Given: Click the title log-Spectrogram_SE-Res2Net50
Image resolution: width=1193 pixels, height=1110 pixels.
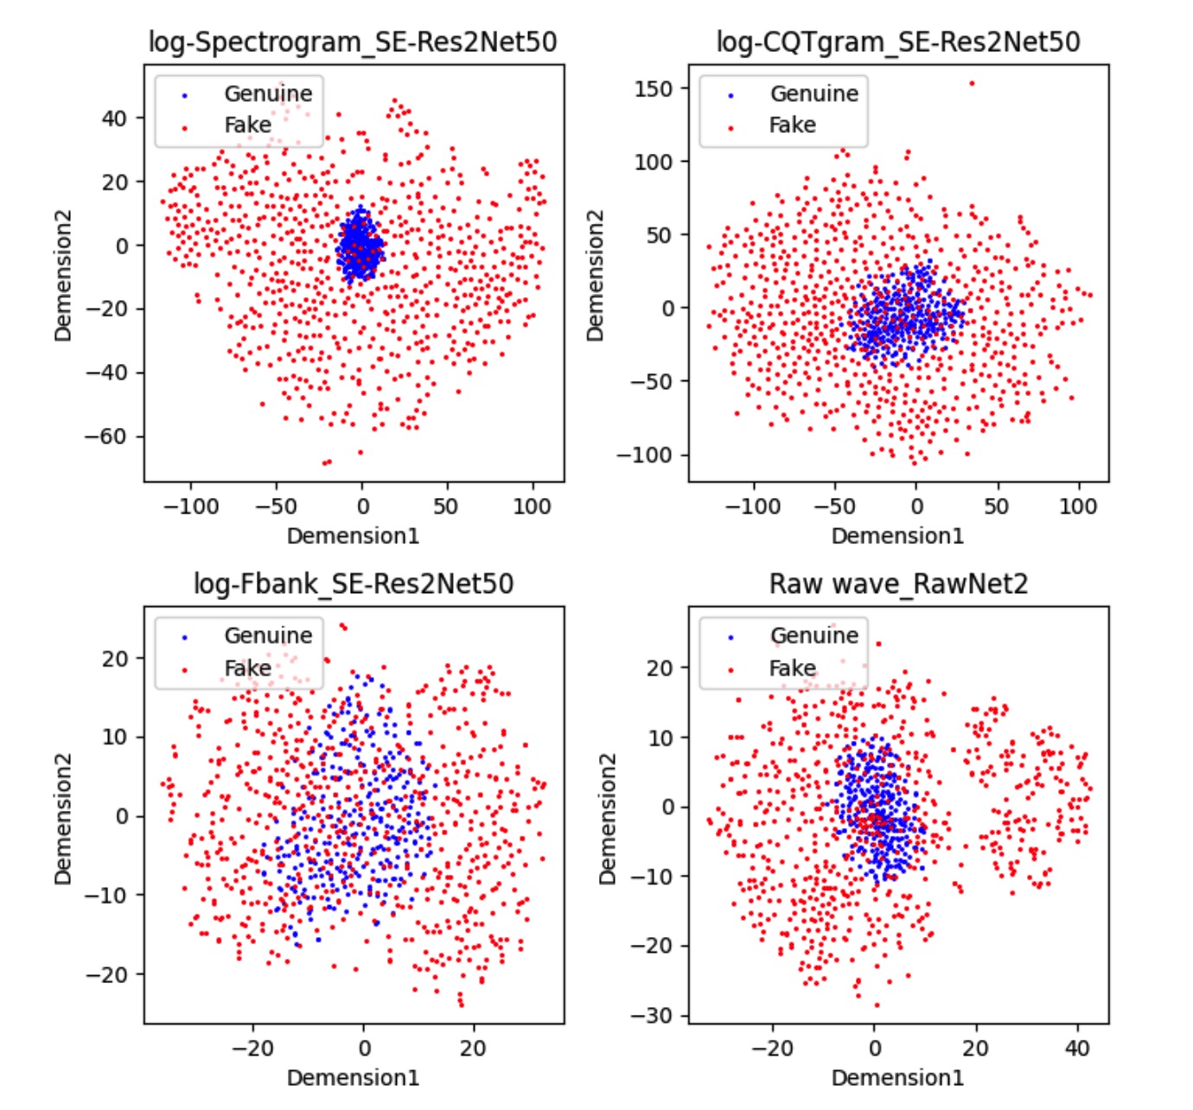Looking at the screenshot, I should coord(353,41).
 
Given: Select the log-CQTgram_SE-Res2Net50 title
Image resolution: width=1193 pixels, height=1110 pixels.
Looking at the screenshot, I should coord(898,41).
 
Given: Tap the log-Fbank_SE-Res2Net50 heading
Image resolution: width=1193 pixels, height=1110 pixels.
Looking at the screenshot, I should coord(353,584).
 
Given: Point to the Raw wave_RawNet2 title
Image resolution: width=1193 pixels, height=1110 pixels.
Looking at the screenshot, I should coord(898,584).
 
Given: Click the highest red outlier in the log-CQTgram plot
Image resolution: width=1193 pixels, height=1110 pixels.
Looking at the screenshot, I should coord(972,84).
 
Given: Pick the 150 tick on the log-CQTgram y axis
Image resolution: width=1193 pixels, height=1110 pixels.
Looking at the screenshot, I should coord(653,88).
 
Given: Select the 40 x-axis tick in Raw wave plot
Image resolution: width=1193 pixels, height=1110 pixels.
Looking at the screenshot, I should coord(1077,1049).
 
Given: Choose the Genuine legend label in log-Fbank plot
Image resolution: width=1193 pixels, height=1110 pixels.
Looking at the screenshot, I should coord(268,635).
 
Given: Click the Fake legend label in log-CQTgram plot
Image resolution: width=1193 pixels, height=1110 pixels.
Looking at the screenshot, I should coord(792,125).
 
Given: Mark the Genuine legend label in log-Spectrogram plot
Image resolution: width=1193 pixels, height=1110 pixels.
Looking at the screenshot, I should coord(268,93).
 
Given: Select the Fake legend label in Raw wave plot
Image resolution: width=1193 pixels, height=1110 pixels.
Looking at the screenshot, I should coord(792,668).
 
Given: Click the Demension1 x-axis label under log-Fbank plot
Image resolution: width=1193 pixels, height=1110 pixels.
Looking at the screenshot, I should coord(353,1078).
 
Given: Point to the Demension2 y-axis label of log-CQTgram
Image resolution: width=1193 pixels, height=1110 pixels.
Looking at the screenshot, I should coord(595,275).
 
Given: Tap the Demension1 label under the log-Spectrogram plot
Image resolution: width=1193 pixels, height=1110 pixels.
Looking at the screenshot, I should coord(353,536).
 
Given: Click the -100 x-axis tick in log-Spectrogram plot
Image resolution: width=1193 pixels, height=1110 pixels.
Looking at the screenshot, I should coord(191,507).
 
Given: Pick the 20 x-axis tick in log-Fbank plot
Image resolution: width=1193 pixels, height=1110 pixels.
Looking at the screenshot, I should coord(473,1049).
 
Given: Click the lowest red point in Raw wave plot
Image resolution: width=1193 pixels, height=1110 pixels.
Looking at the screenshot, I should coord(877,1005).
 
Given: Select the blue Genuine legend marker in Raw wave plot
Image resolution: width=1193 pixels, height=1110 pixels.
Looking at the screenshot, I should coord(731,637).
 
